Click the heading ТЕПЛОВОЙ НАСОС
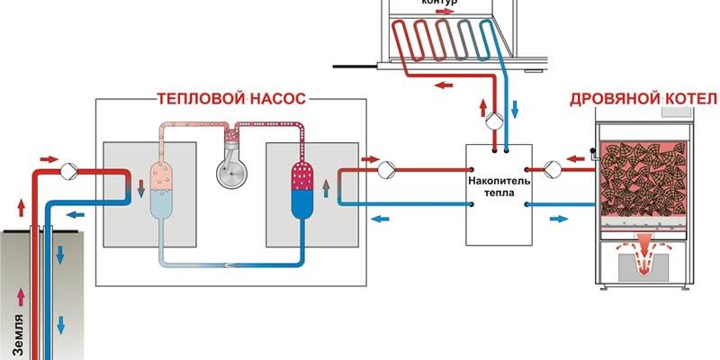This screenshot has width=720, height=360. [230, 97]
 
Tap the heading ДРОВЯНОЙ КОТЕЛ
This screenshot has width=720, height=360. [643, 97]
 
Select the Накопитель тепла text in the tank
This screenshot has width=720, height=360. [501, 186]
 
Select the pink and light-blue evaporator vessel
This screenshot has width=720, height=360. [162, 188]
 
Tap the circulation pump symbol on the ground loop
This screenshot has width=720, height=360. [68, 168]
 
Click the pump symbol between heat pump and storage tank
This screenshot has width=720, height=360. [385, 168]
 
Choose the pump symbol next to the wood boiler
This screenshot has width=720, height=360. [552, 167]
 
